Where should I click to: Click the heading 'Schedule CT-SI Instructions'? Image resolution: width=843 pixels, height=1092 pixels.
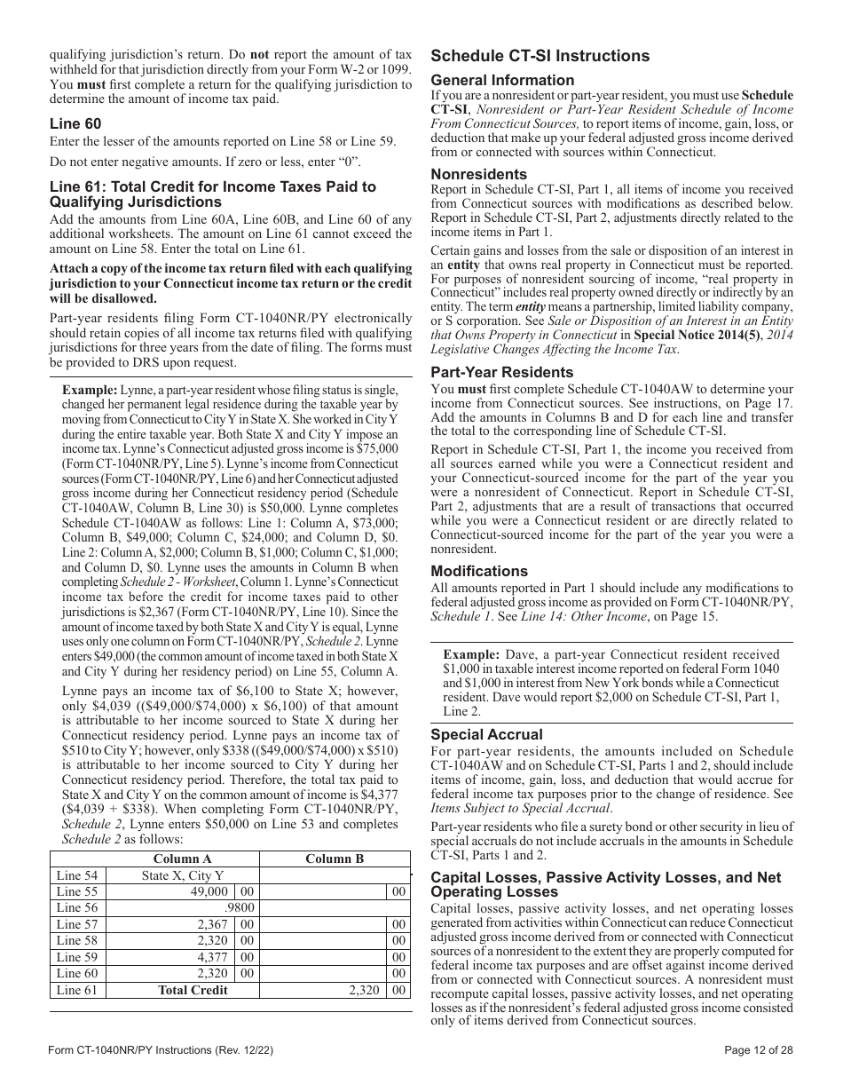point(540,56)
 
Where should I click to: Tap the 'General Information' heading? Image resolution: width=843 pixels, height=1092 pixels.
point(502,80)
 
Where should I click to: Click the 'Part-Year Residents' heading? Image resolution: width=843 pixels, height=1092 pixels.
point(502,372)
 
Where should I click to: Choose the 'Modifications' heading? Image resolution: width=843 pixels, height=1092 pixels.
point(479,571)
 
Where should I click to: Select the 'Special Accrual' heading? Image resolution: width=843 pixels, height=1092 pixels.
point(486,734)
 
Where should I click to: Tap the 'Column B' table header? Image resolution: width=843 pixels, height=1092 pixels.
point(335,859)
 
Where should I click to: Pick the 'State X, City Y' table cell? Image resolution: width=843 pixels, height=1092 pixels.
point(183,875)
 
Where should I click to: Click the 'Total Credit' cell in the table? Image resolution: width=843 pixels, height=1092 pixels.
point(193,990)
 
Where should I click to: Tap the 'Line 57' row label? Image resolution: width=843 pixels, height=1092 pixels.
point(76,924)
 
